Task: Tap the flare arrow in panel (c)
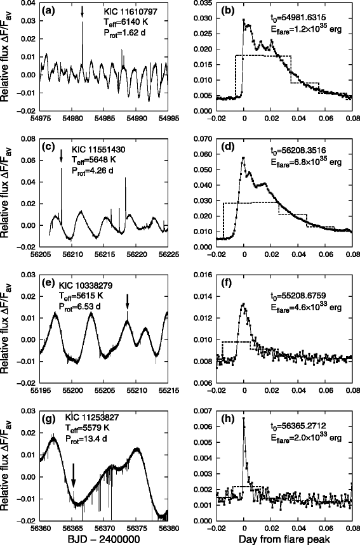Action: coord(61,156)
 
